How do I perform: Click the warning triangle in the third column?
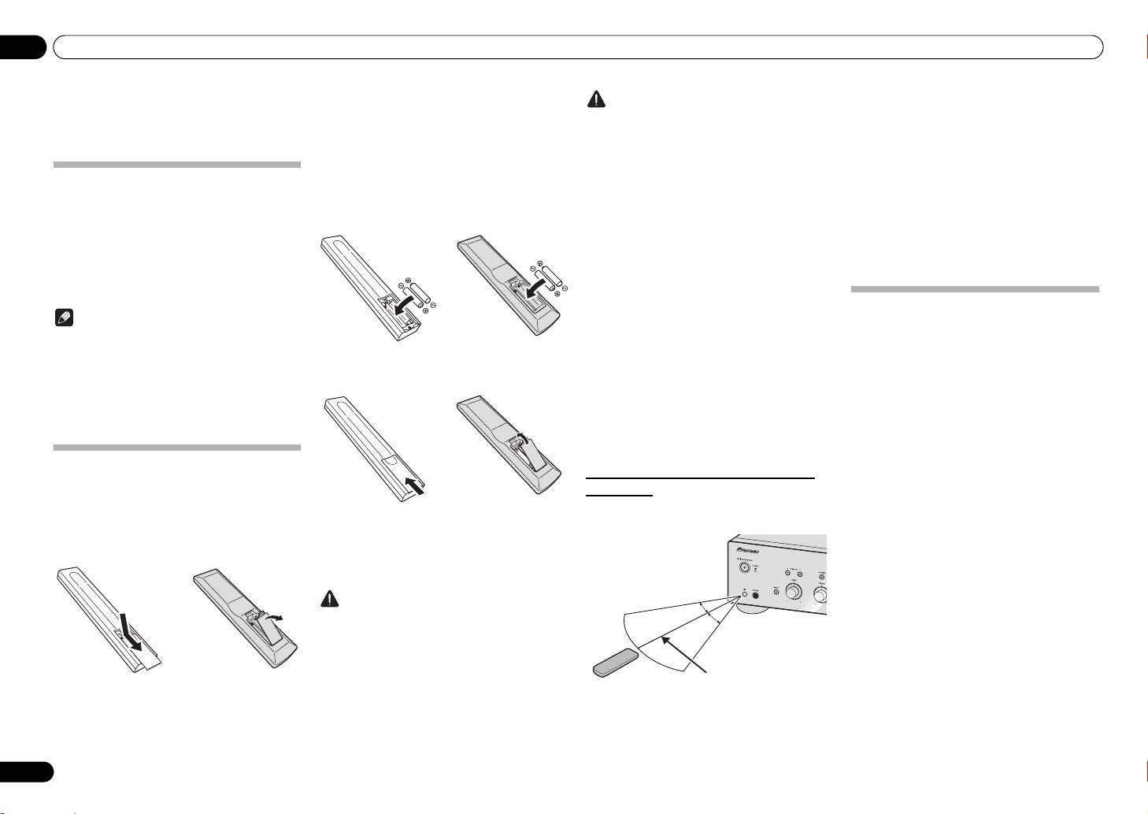pos(598,101)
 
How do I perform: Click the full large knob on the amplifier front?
pos(794,592)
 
